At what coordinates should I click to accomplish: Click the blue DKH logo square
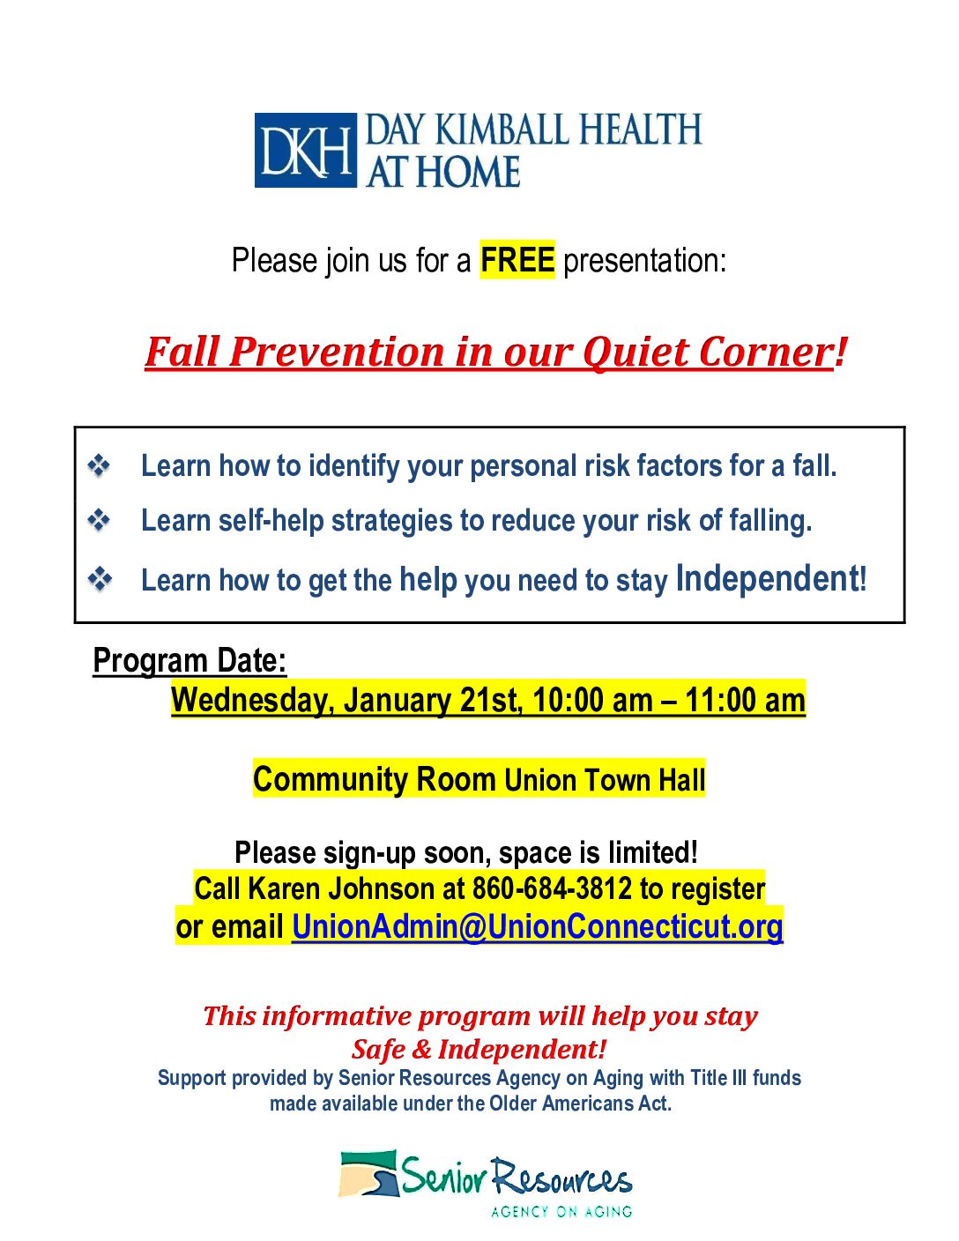coord(305,151)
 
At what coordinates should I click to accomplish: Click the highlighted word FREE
coord(517,260)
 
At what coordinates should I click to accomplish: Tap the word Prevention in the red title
coord(338,352)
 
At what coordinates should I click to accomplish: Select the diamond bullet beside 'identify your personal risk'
coord(100,465)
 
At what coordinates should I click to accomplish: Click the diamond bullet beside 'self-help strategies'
coord(100,521)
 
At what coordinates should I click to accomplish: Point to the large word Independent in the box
coord(767,579)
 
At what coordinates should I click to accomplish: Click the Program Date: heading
coord(190,660)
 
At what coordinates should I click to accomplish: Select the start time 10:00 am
coord(592,701)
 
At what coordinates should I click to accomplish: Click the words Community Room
coord(375,780)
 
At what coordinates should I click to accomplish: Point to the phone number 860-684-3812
coord(552,888)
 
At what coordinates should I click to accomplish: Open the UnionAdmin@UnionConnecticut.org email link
coord(537,926)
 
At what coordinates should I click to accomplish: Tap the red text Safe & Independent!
coord(479,1049)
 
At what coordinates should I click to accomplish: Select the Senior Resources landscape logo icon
coord(368,1175)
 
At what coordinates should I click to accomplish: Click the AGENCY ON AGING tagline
coord(561,1212)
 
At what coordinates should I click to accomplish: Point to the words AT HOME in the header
coord(443,172)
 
